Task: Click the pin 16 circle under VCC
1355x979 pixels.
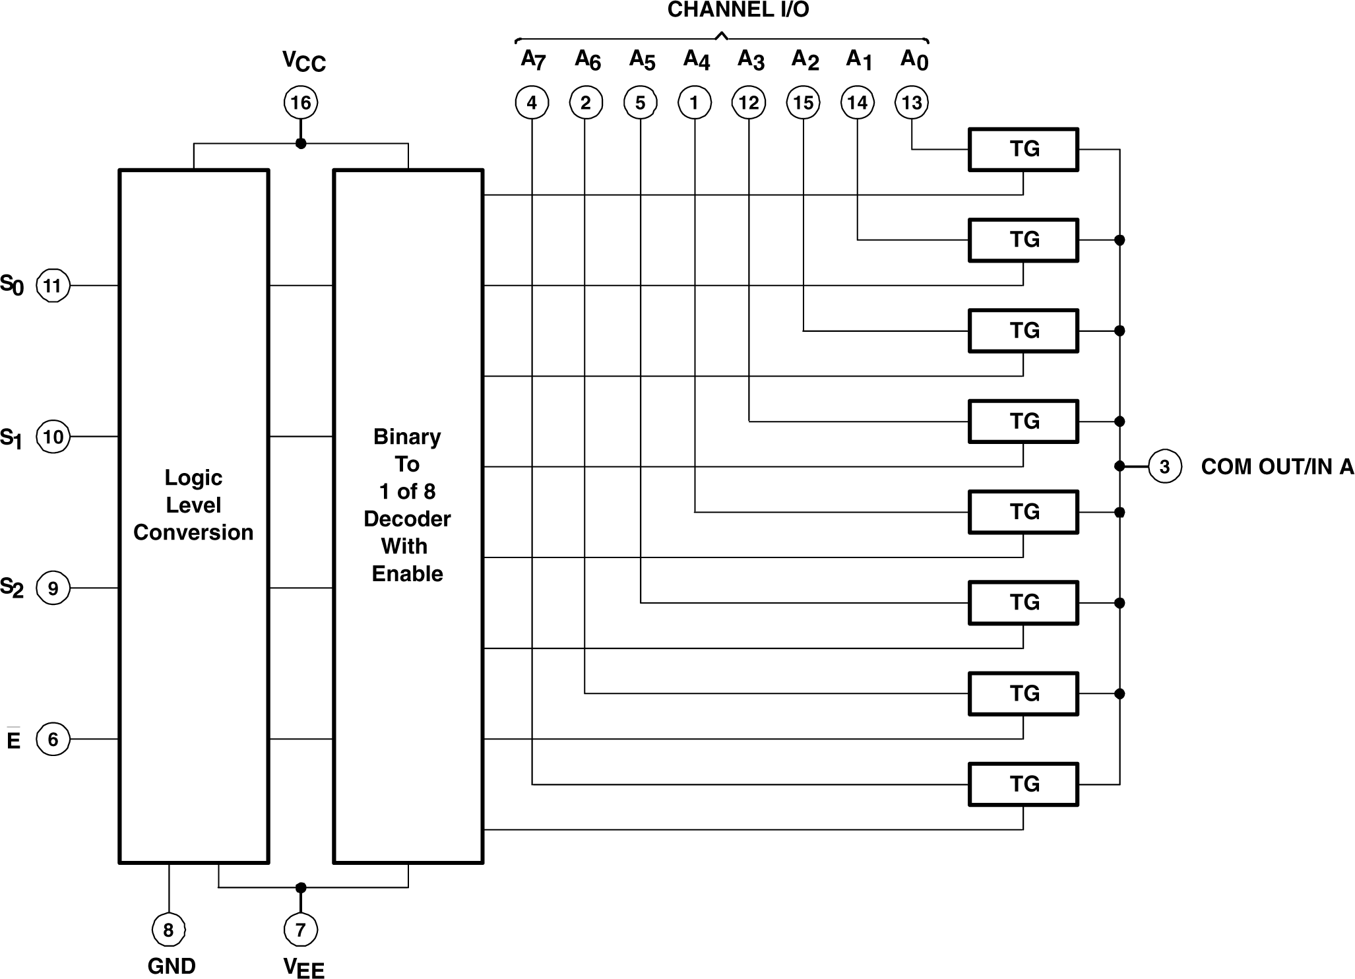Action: [x=301, y=102]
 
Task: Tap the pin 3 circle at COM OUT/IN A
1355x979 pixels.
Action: [x=1164, y=466]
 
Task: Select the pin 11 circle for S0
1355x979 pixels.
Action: [x=53, y=286]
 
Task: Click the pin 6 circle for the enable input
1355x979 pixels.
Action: [x=53, y=739]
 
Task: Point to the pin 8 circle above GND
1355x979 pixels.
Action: [x=169, y=930]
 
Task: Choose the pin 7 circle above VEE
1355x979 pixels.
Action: [x=301, y=930]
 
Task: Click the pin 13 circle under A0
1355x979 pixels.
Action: [x=912, y=102]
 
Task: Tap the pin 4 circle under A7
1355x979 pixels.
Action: [x=532, y=102]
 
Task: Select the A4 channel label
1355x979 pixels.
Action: [x=696, y=60]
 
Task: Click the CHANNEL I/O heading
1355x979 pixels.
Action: [x=738, y=10]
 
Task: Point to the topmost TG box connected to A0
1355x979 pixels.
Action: [x=1023, y=150]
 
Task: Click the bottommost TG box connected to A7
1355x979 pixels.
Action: [x=1023, y=784]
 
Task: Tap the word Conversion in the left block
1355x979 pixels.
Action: [x=193, y=532]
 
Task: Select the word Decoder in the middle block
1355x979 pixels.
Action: [x=407, y=519]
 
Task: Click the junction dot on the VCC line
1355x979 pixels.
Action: [x=301, y=143]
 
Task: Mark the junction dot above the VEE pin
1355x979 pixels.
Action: [x=301, y=887]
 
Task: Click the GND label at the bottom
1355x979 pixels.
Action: [x=172, y=966]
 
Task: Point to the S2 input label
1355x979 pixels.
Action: [x=12, y=587]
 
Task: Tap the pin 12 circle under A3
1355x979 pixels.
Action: [x=749, y=102]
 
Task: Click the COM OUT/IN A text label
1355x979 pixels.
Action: [x=1277, y=466]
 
